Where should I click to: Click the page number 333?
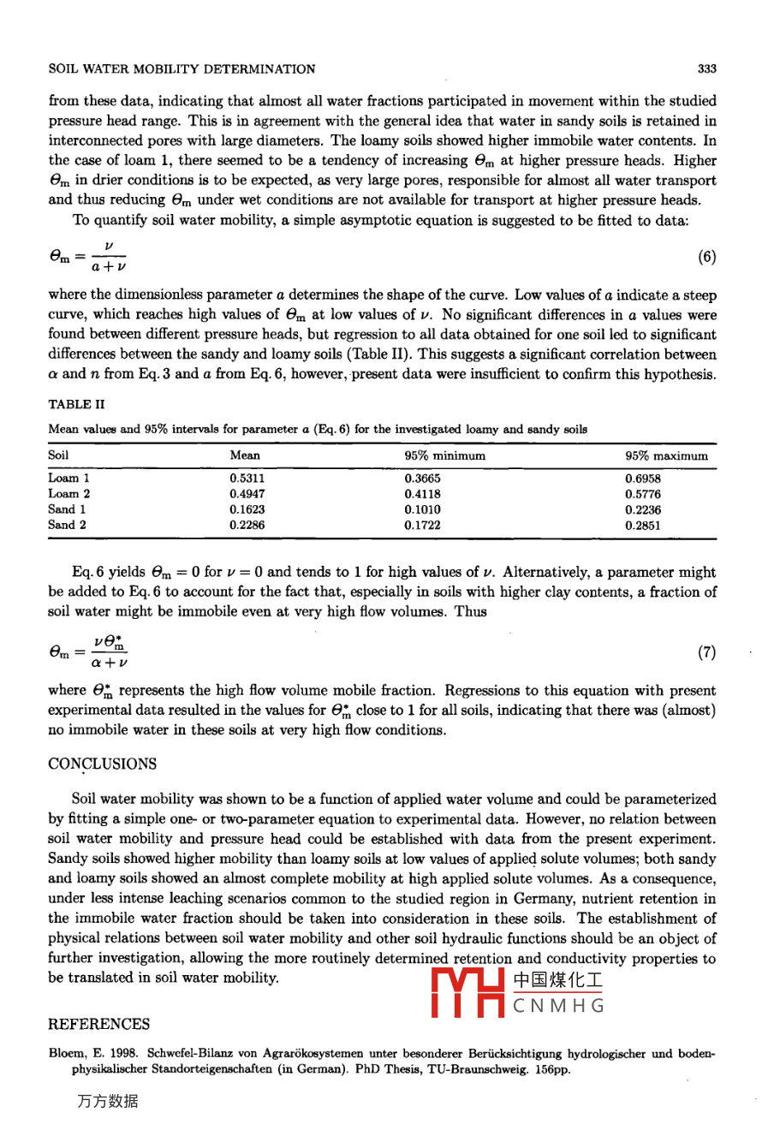tap(706, 69)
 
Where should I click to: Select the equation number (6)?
tap(706, 257)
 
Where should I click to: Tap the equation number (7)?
tap(706, 652)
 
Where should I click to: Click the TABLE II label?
tap(76, 404)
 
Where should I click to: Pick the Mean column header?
tap(245, 455)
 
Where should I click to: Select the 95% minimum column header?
tap(444, 455)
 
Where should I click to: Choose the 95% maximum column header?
tap(666, 456)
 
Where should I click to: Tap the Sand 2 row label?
tap(67, 525)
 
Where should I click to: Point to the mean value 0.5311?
tap(247, 479)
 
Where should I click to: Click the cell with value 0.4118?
tap(422, 494)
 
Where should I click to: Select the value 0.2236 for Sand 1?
tap(642, 510)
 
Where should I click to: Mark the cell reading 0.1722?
tap(422, 526)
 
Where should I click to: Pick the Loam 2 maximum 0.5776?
tap(642, 495)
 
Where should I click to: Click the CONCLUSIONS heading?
tap(103, 764)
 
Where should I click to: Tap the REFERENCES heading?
tap(98, 1024)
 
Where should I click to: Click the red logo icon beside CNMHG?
tap(467, 993)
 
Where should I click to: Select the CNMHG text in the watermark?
tap(558, 1006)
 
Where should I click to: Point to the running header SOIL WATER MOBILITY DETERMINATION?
tap(182, 69)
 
